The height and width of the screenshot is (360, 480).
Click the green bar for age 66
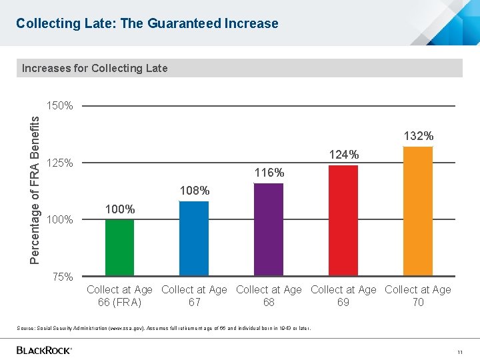pos(119,247)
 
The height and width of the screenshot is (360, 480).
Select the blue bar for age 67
pos(194,238)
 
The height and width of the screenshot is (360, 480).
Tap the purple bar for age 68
pos(269,229)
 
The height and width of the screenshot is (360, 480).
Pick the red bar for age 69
pos(343,220)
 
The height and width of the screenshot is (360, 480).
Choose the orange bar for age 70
pos(418,211)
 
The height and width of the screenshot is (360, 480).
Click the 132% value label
pos(419,136)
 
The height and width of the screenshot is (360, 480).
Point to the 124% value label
pos(344,155)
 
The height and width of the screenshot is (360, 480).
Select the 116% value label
pos(269,173)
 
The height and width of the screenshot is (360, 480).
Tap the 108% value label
pos(195,191)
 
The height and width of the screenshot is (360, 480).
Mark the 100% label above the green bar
pos(120,209)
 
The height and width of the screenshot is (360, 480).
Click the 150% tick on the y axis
pos(60,106)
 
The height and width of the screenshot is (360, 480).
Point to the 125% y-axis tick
pos(60,163)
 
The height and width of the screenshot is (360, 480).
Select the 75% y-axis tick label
pos(63,277)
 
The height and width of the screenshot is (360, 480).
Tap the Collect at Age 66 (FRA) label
pos(119,296)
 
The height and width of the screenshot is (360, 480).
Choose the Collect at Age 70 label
pos(418,296)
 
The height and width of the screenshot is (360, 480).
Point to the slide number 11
pos(459,351)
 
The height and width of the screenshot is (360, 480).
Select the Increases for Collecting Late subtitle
pos(95,68)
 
